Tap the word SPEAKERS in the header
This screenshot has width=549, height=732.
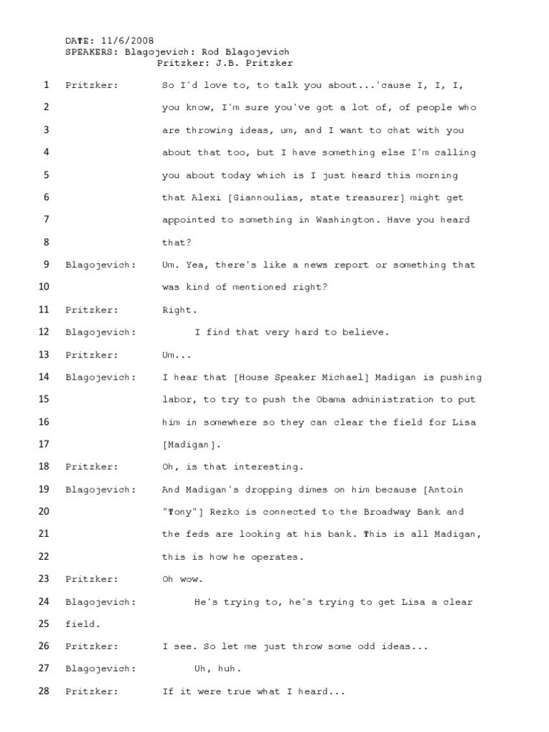90,52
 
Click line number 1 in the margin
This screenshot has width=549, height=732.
46,85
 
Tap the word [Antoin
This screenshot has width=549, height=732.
443,490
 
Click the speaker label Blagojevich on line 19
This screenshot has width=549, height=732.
99,490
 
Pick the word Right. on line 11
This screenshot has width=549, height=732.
179,310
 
